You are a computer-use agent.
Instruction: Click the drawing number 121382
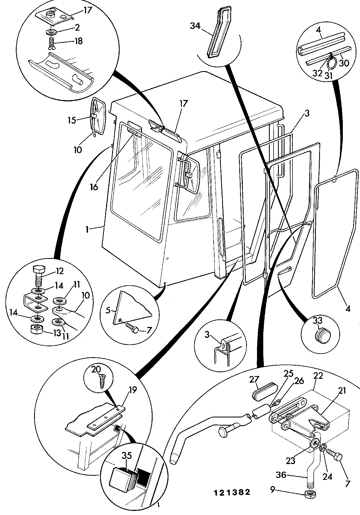coord(232,492)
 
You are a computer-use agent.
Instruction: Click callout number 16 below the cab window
coord(94,187)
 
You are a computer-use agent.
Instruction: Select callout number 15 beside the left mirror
coord(72,120)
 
